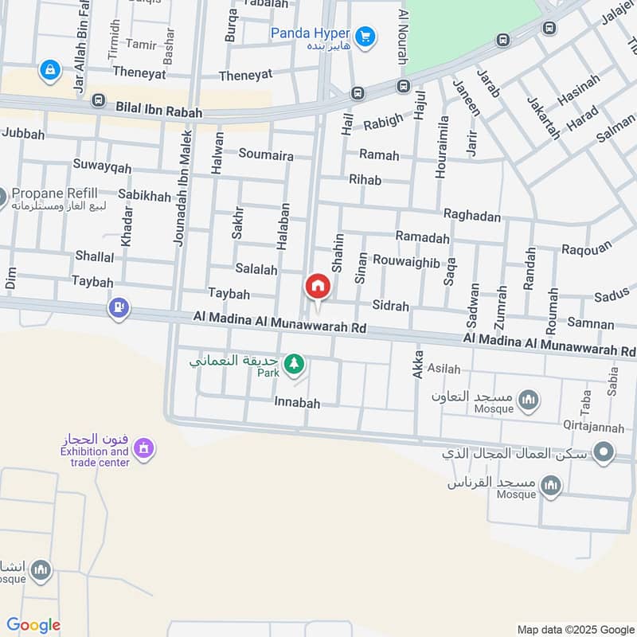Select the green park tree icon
[x=295, y=364]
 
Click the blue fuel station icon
[x=119, y=307]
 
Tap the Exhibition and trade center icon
[x=143, y=449]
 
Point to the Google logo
[x=33, y=625]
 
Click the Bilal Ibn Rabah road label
[x=158, y=114]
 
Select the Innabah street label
[x=297, y=404]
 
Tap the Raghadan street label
[x=471, y=216]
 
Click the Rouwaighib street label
[x=406, y=260]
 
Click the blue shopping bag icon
[x=50, y=71]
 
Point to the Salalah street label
[x=256, y=270]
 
